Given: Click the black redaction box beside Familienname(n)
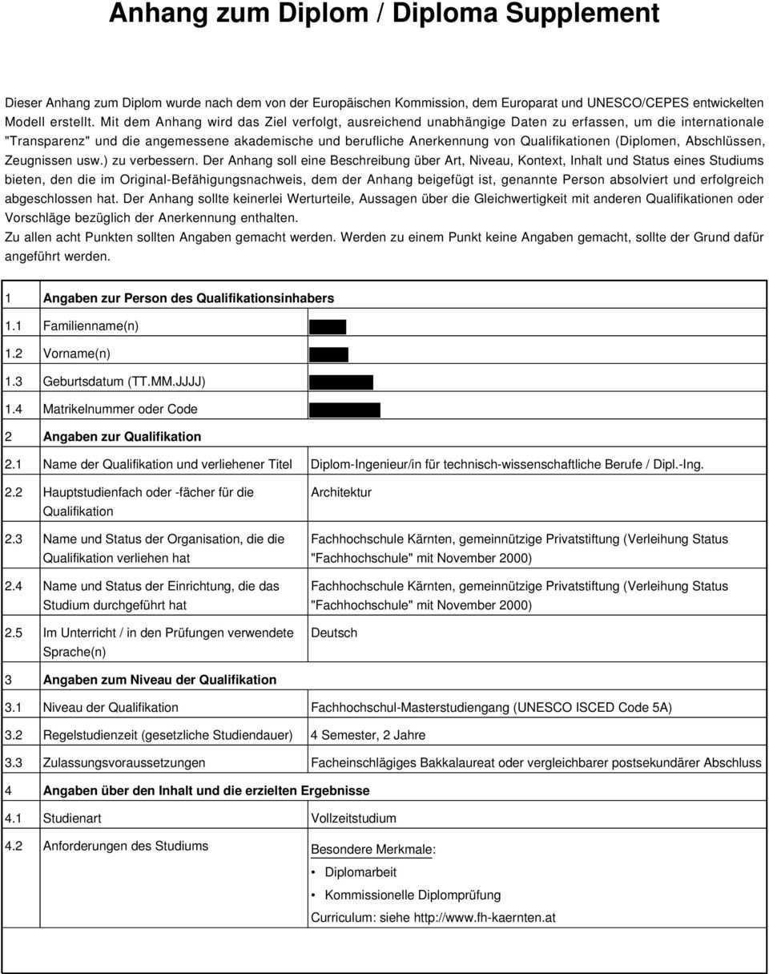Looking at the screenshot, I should click(x=328, y=326).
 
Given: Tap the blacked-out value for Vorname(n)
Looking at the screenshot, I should click(x=328, y=354).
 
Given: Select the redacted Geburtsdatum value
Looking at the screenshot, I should click(x=341, y=382).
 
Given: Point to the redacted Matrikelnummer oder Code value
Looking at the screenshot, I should click(x=344, y=410).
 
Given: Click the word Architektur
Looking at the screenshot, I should click(x=340, y=492).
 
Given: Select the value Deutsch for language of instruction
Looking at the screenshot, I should click(x=334, y=632).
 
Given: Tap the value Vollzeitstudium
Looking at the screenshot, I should click(x=353, y=818).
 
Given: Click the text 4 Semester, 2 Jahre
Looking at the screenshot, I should click(x=368, y=734).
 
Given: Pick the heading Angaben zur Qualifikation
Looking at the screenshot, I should click(x=122, y=437).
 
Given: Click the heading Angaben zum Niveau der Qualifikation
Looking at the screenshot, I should click(x=159, y=680).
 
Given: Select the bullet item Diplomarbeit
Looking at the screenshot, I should click(x=360, y=872).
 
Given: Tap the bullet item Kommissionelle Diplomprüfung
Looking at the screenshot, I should click(x=413, y=895).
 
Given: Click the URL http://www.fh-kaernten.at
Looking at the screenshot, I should click(x=485, y=918).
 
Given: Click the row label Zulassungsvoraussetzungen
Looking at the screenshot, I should click(x=123, y=762).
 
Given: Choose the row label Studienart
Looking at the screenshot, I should click(x=72, y=818).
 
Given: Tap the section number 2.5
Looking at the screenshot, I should click(x=14, y=632).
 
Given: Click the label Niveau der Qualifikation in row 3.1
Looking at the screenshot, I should click(x=111, y=707).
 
